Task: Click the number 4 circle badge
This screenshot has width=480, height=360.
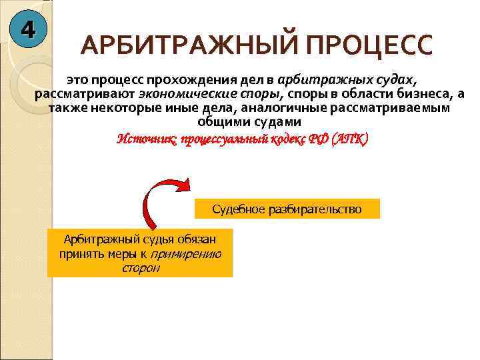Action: [x=27, y=29]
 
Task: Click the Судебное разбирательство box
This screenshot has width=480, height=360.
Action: [x=287, y=209]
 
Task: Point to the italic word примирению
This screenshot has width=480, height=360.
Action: [x=187, y=254]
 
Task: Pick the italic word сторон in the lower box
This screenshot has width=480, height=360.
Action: [x=141, y=268]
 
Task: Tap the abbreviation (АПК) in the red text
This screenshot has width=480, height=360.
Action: [x=347, y=139]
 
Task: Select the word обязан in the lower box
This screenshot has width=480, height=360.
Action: [x=200, y=239]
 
